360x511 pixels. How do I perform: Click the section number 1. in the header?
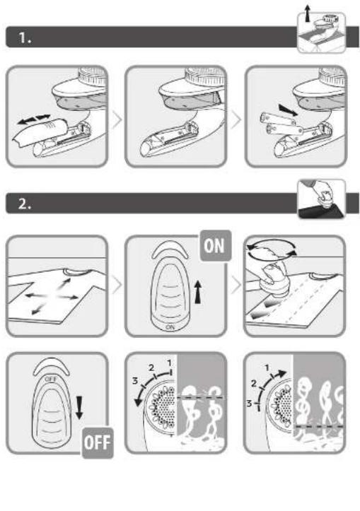pyautogui.click(x=25, y=37)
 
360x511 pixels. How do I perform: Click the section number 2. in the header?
pyautogui.click(x=25, y=204)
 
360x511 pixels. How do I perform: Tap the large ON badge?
pyautogui.click(x=215, y=245)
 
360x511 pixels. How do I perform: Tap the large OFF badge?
pyautogui.click(x=98, y=443)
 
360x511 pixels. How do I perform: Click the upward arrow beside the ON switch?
pyautogui.click(x=197, y=292)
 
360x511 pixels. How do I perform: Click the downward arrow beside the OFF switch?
pyautogui.click(x=79, y=408)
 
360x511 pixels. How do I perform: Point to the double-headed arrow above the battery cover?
pyautogui.click(x=34, y=119)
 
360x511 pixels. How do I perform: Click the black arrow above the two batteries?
pyautogui.click(x=289, y=110)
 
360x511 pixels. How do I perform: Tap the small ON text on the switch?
pyautogui.click(x=170, y=327)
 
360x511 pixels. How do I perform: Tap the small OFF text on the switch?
pyautogui.click(x=51, y=379)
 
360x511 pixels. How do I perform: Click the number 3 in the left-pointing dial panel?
pyautogui.click(x=135, y=381)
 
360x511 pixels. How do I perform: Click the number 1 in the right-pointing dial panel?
pyautogui.click(x=267, y=368)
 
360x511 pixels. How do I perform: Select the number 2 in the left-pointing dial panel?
pyautogui.click(x=151, y=368)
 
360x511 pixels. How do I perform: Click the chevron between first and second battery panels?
pyautogui.click(x=117, y=119)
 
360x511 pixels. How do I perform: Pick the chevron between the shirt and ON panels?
pyautogui.click(x=117, y=285)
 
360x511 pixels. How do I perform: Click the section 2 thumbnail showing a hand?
pyautogui.click(x=322, y=199)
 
